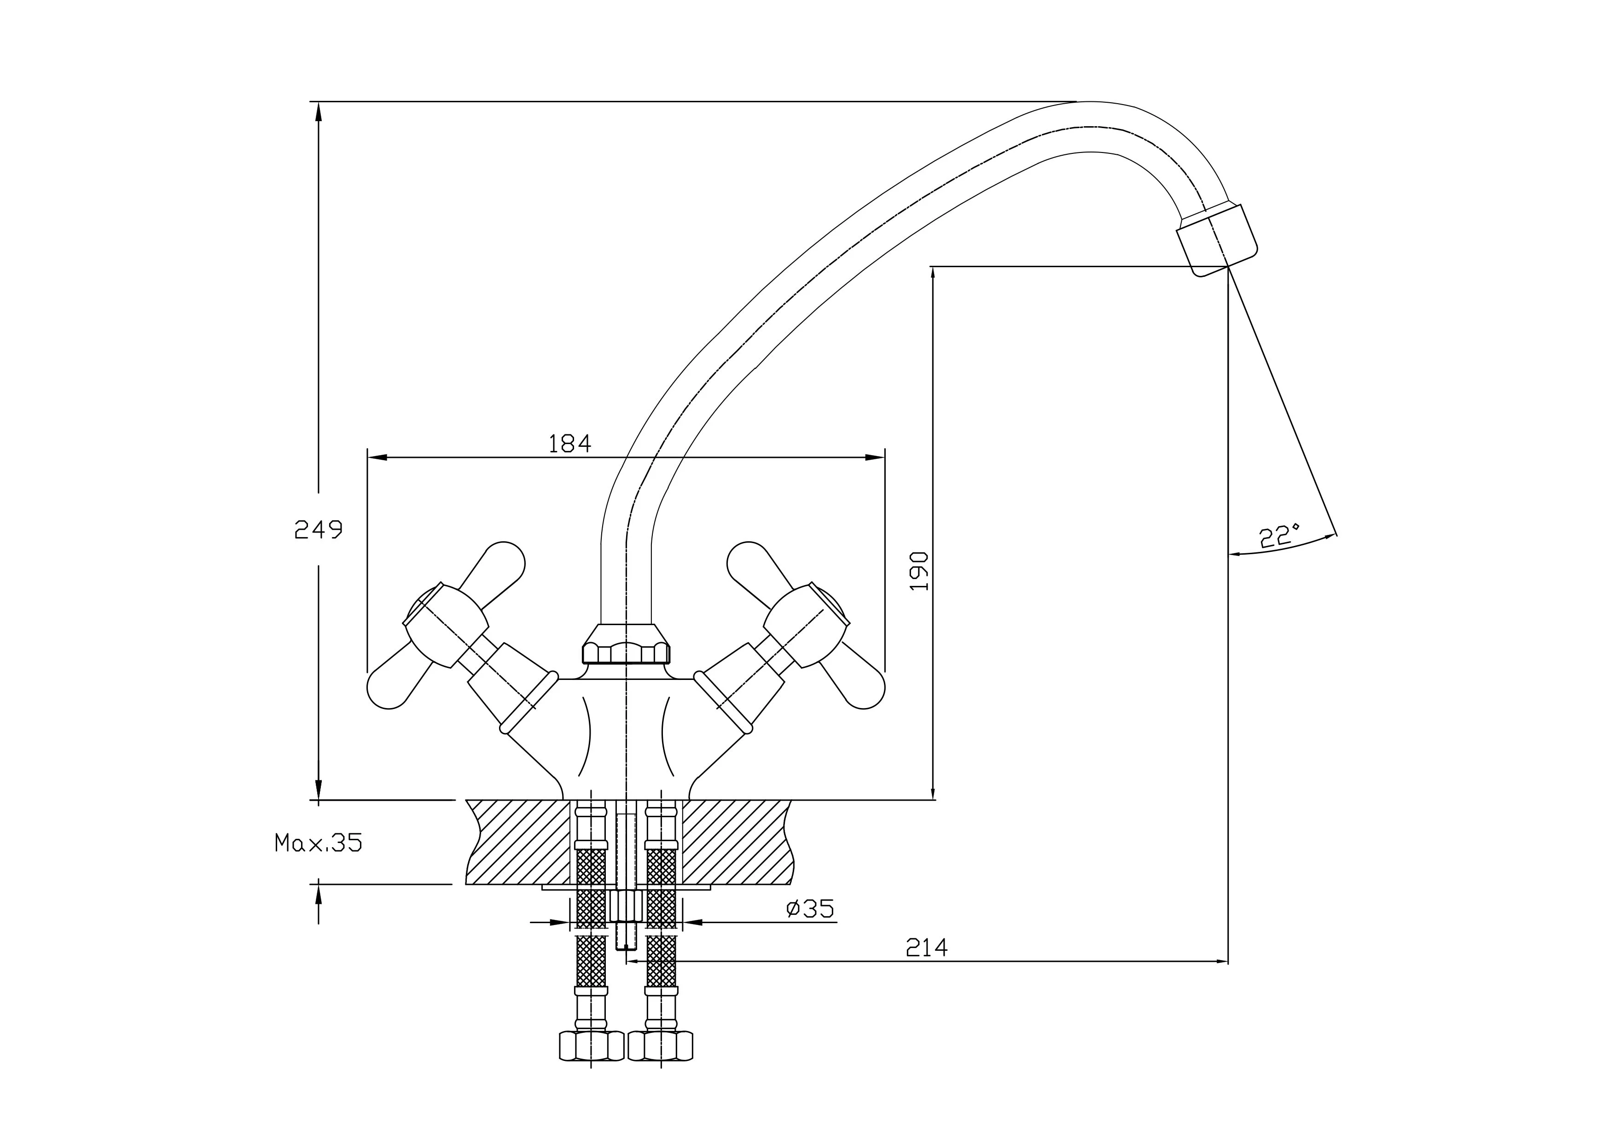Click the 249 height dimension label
tap(318, 529)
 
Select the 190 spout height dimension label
tap(919, 571)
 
